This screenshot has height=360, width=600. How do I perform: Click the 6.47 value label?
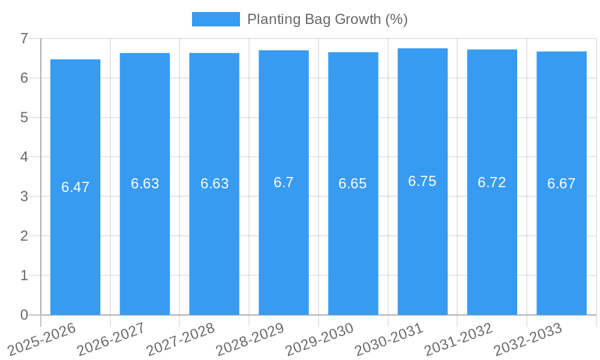point(75,187)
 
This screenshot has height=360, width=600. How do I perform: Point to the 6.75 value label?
point(422,181)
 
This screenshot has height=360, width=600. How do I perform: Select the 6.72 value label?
point(492,182)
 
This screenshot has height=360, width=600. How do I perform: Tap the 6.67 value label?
point(561,184)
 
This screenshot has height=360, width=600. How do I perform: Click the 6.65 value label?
point(353,184)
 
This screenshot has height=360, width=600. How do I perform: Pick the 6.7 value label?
point(284,182)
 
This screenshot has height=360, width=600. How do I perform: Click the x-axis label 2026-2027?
point(112,338)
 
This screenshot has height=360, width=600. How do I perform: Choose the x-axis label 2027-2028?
point(181,338)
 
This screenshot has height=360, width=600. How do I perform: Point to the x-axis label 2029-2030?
point(320,338)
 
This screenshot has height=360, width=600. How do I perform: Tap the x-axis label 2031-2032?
point(459,338)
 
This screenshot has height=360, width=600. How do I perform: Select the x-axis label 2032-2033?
point(528,338)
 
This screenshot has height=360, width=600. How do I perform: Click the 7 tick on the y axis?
point(24,39)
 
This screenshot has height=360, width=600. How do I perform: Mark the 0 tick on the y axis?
point(24,315)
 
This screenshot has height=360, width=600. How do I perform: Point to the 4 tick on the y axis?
point(24,157)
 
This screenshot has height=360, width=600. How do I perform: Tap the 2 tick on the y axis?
point(24,236)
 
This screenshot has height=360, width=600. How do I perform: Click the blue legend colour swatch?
point(216,19)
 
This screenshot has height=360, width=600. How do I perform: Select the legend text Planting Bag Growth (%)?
point(328,19)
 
